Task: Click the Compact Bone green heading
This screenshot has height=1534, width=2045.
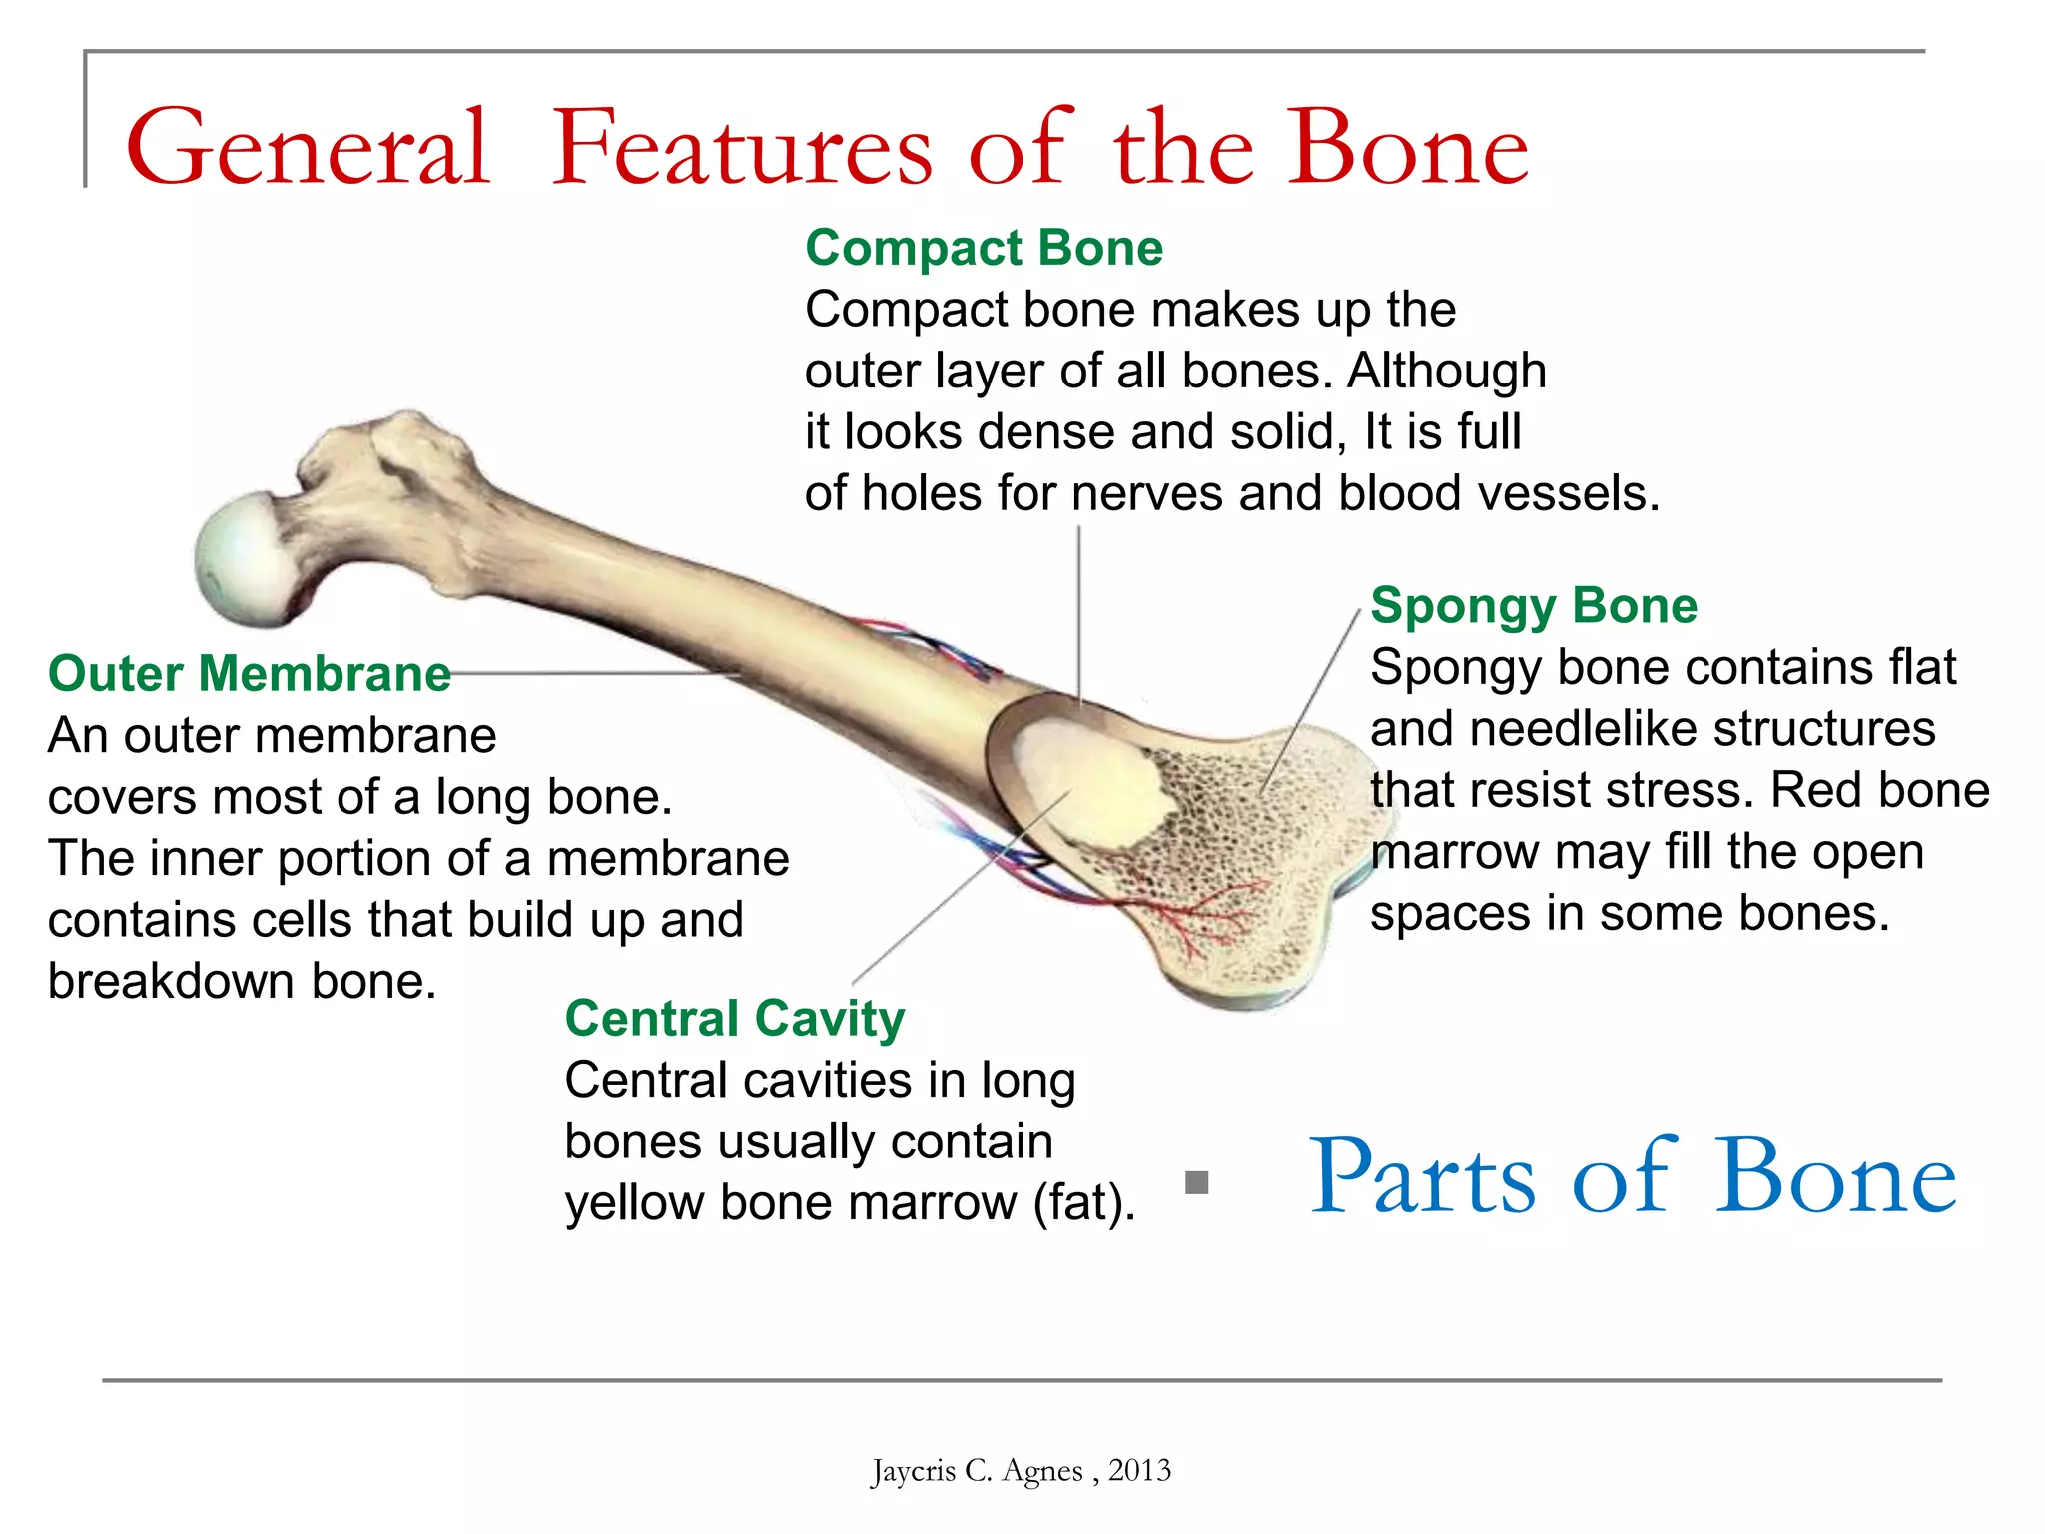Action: click(x=984, y=248)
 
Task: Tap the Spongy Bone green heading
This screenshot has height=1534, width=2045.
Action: click(x=1533, y=606)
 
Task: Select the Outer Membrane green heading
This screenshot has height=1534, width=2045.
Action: click(x=250, y=674)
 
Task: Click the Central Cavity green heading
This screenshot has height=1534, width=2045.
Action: click(x=734, y=1019)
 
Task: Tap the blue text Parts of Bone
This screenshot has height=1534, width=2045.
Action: click(x=1632, y=1178)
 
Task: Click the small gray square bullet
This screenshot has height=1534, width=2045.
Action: click(x=1196, y=1183)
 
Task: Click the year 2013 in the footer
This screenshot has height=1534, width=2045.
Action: click(x=1139, y=1471)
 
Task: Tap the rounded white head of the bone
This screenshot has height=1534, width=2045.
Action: click(x=240, y=559)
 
